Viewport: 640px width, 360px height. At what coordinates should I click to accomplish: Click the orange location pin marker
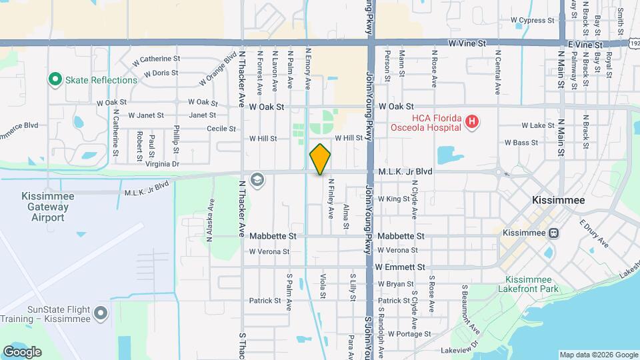(320, 159)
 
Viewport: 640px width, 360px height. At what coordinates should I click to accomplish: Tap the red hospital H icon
(472, 121)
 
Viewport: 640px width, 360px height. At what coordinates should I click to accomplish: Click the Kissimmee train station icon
(553, 233)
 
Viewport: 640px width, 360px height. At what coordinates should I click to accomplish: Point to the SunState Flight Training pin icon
(100, 313)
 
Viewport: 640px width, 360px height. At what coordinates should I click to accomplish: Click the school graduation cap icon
(257, 179)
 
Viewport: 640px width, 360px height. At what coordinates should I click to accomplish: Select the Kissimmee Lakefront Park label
(532, 284)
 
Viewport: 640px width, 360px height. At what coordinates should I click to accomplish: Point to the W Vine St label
(471, 43)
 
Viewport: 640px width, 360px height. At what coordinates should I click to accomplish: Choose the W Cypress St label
(534, 21)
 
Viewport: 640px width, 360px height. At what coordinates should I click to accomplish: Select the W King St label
(393, 199)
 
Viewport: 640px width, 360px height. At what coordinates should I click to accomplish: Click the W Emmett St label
(400, 267)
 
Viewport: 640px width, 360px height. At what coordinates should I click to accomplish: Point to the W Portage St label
(409, 333)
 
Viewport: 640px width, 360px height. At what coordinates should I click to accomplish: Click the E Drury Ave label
(594, 234)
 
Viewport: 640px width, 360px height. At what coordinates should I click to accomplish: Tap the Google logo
(22, 351)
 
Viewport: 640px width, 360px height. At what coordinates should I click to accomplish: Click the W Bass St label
(521, 143)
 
